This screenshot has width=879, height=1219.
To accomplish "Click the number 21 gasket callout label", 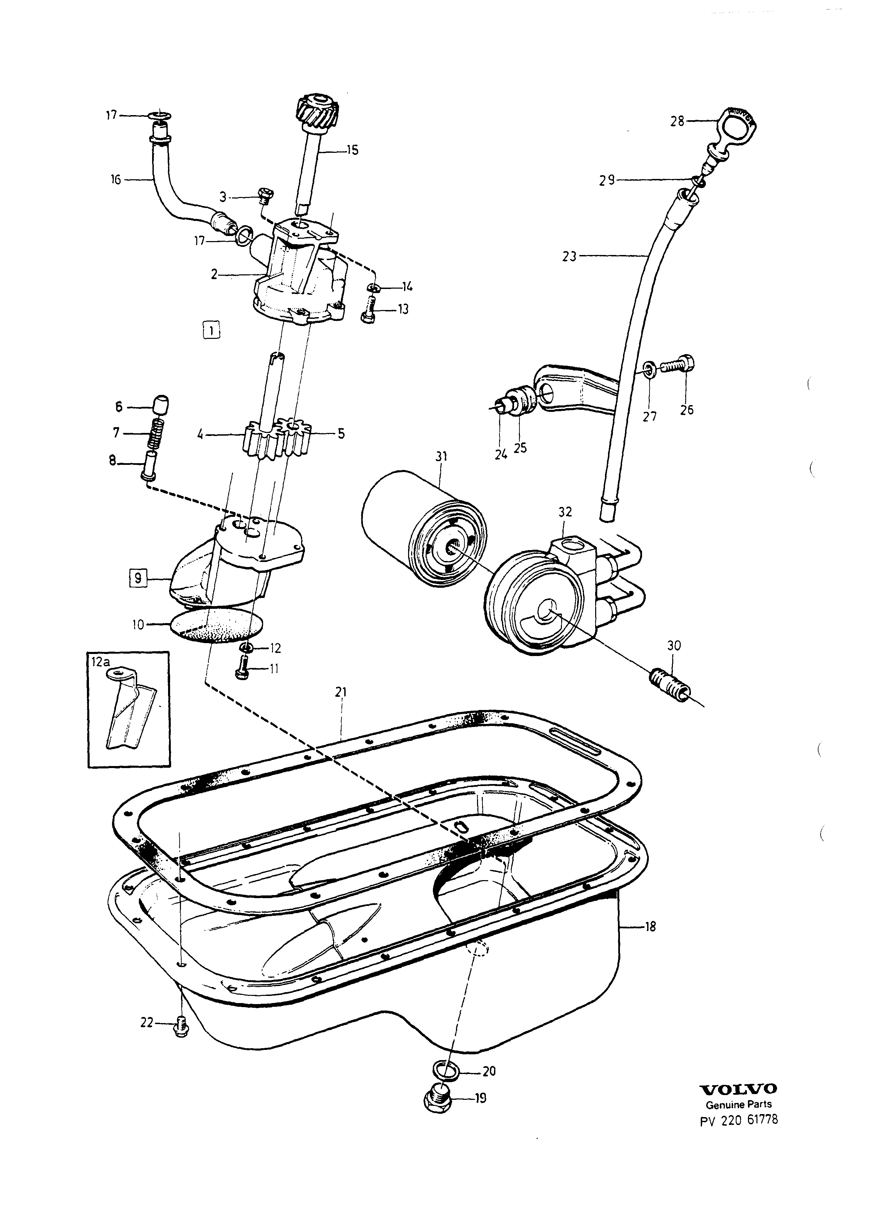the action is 340,693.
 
